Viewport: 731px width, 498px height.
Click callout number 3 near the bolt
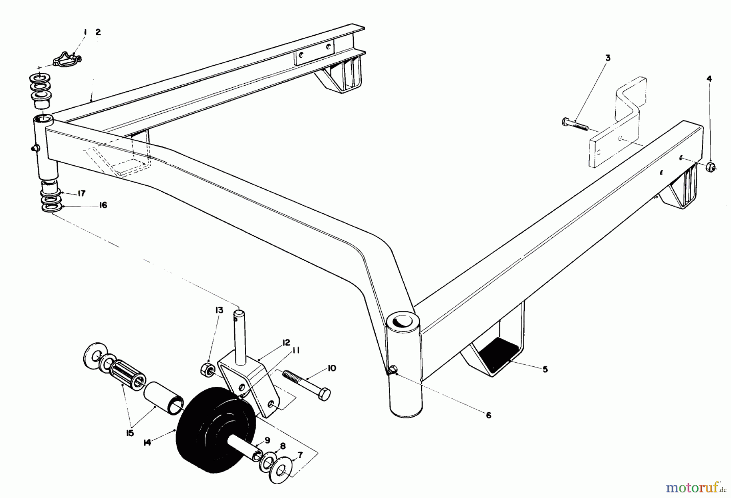click(608, 58)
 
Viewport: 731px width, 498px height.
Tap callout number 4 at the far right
click(709, 78)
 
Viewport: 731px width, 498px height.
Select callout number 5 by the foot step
click(545, 369)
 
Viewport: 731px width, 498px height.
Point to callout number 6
click(489, 415)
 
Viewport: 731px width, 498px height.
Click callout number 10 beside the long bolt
click(331, 368)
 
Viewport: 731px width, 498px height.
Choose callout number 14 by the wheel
click(147, 442)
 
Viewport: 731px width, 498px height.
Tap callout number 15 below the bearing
click(130, 433)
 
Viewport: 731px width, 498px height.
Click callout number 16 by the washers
click(103, 205)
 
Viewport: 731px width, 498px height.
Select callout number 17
click(81, 193)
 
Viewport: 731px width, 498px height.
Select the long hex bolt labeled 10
click(307, 385)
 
